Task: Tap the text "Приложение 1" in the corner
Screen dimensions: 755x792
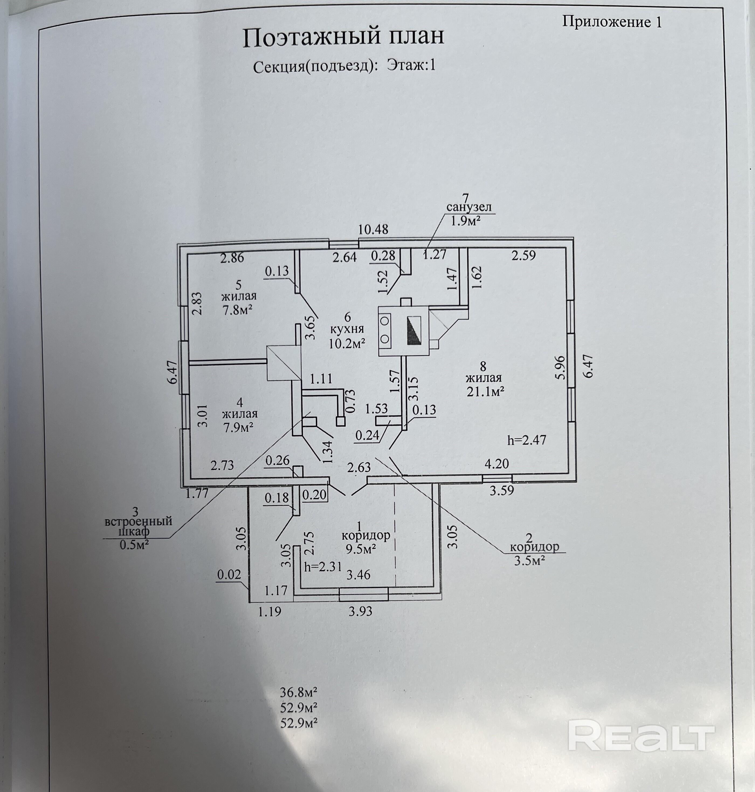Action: pos(612,22)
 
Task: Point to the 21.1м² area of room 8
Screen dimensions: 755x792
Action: pos(485,391)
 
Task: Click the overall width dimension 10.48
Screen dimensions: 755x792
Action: pos(373,229)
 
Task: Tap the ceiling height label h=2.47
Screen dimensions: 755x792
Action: pos(527,440)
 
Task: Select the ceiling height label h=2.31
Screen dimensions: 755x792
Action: pos(323,567)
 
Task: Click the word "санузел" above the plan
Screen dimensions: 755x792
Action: pos(469,207)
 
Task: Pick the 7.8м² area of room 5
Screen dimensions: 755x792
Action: pos(237,310)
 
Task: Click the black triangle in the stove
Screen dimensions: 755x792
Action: pos(414,331)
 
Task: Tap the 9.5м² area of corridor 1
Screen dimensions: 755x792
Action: pos(361,549)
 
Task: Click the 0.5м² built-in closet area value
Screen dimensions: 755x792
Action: pos(135,545)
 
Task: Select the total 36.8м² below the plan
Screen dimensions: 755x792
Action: pos(299,692)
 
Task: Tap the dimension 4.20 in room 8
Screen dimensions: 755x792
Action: pos(497,464)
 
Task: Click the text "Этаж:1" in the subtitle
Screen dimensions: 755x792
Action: pos(411,65)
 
